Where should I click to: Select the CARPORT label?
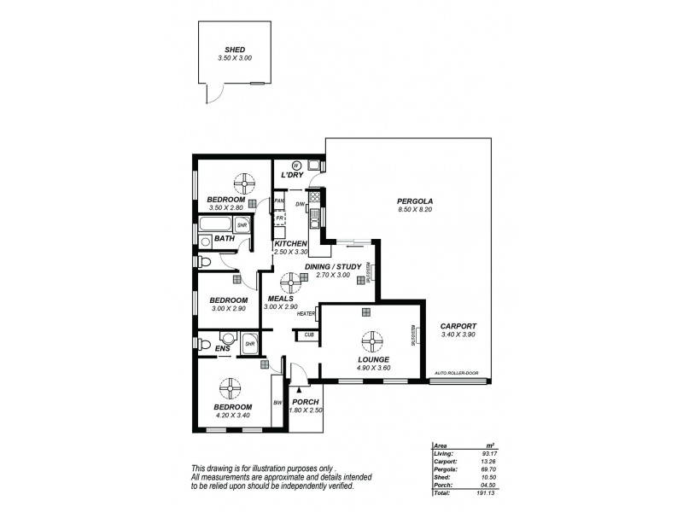(x=458, y=327)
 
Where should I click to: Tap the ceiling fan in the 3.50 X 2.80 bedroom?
(x=243, y=181)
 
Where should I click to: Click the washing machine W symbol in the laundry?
(x=296, y=166)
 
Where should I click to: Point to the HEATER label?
(x=306, y=314)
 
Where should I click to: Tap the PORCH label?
(x=305, y=402)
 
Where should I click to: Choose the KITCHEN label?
(x=290, y=244)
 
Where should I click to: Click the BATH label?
(x=224, y=239)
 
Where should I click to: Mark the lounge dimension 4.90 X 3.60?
(x=373, y=369)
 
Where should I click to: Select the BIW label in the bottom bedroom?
(x=277, y=403)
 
